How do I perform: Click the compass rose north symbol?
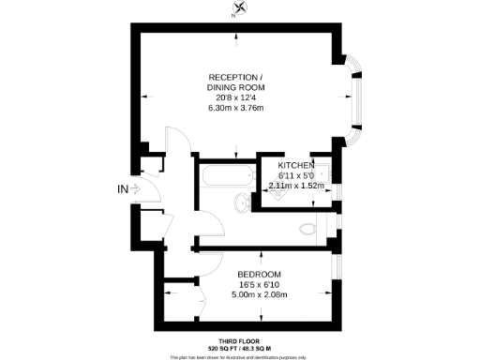[x=240, y=9]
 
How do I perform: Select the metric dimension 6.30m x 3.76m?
[x=235, y=107]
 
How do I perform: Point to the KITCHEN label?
[x=296, y=165]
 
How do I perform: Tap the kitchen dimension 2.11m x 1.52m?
[x=296, y=186]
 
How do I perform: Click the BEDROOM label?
[x=258, y=274]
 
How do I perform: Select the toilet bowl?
[x=307, y=227]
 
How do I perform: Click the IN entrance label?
[x=122, y=189]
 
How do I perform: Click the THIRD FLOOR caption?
[x=239, y=340]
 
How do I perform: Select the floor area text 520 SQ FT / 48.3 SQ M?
[x=239, y=348]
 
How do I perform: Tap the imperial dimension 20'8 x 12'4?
[x=235, y=97]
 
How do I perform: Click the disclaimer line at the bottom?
[x=239, y=356]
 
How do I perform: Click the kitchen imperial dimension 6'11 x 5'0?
[x=296, y=175]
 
